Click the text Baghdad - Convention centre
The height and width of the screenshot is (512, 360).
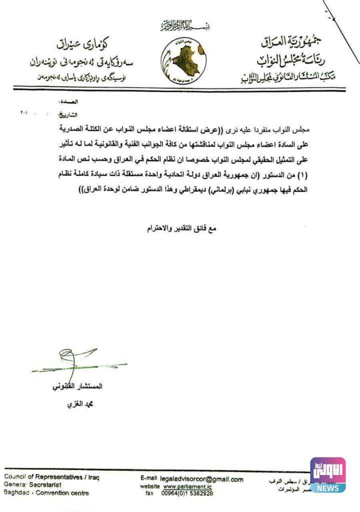coord(46,493)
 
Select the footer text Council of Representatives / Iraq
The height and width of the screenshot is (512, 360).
coord(51,477)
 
